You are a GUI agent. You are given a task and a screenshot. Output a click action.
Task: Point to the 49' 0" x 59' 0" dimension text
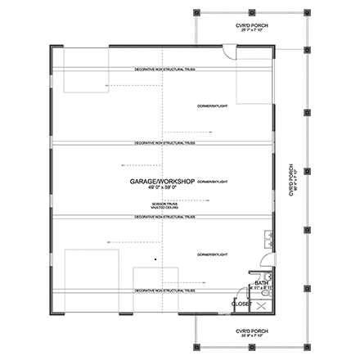(x=162, y=187)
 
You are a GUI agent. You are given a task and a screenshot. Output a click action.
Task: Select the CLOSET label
(x=241, y=304)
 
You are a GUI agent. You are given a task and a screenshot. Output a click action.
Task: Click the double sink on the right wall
(x=268, y=241)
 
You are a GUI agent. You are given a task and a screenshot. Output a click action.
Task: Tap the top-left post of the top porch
(x=198, y=14)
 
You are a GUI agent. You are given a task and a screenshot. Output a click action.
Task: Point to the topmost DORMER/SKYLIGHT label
(x=211, y=104)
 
